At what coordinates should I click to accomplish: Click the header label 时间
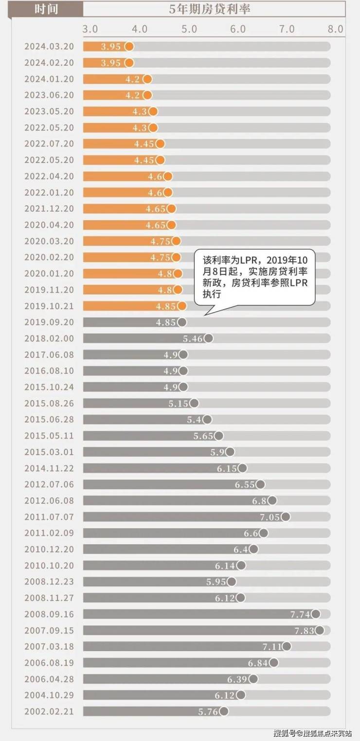(47, 9)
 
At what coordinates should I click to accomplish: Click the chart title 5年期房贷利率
(210, 9)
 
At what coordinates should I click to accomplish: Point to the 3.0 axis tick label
(90, 29)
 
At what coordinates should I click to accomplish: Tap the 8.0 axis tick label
(335, 29)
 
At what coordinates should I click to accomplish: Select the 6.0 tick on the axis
(237, 29)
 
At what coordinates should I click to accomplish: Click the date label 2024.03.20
(49, 47)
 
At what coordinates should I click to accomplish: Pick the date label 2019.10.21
(49, 306)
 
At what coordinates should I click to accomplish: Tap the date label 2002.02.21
(49, 711)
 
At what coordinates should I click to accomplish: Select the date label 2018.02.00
(49, 338)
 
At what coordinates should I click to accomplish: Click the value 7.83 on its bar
(304, 630)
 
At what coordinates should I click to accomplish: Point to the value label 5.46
(193, 338)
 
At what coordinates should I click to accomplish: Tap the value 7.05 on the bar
(270, 517)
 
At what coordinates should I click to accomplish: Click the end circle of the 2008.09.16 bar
(316, 614)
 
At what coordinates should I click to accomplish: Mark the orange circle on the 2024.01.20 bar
(147, 79)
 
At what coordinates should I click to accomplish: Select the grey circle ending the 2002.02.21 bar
(224, 711)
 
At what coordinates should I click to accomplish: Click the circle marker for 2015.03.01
(230, 452)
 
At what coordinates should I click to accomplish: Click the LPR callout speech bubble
(254, 278)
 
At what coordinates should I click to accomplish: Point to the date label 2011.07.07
(49, 517)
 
